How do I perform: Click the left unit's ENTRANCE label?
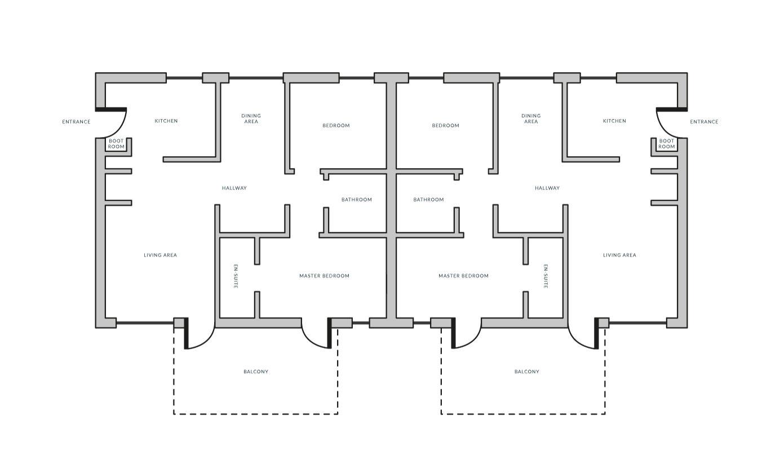coord(76,122)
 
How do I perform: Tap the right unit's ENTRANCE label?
coord(704,122)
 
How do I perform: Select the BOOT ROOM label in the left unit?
coord(116,144)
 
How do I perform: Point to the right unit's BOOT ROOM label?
coord(666,144)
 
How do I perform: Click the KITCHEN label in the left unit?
coord(166,121)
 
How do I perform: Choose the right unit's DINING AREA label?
coord(531,118)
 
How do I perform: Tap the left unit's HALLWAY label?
coord(234,188)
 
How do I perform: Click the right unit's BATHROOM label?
coord(428,200)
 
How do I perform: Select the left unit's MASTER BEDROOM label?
coord(324,276)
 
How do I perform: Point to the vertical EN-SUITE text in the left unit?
coord(236,276)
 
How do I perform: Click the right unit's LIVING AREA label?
coord(619,255)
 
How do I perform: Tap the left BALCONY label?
coord(256,371)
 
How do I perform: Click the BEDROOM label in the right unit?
coord(445,125)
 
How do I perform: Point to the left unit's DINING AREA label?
coord(251,118)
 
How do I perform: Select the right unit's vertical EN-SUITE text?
coord(546,276)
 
